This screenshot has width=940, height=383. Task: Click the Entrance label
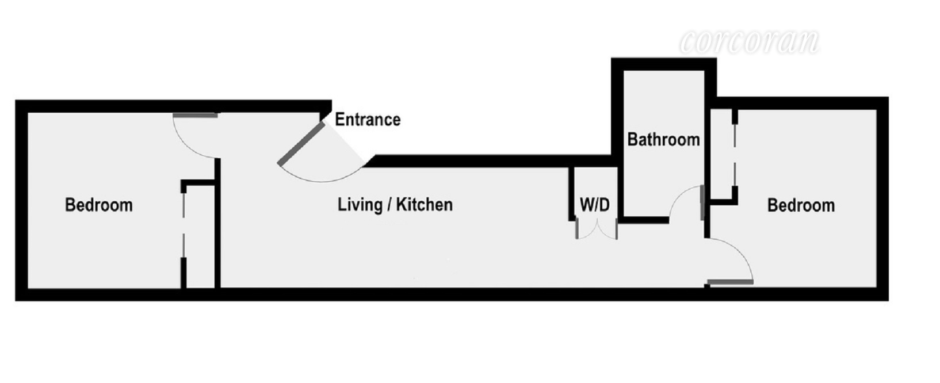pos(368,120)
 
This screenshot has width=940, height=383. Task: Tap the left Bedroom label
pos(98,205)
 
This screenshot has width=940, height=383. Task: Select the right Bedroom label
pos(801,205)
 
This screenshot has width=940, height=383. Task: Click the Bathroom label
pos(663,140)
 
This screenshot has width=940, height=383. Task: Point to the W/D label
pos(595,205)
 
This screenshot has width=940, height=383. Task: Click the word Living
pos(360,205)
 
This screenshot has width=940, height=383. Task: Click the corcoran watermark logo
pos(750,41)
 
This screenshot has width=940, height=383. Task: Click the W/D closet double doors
pos(597,230)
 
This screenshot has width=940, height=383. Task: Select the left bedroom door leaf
pos(196,116)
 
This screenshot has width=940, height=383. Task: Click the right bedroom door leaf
pos(730,282)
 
